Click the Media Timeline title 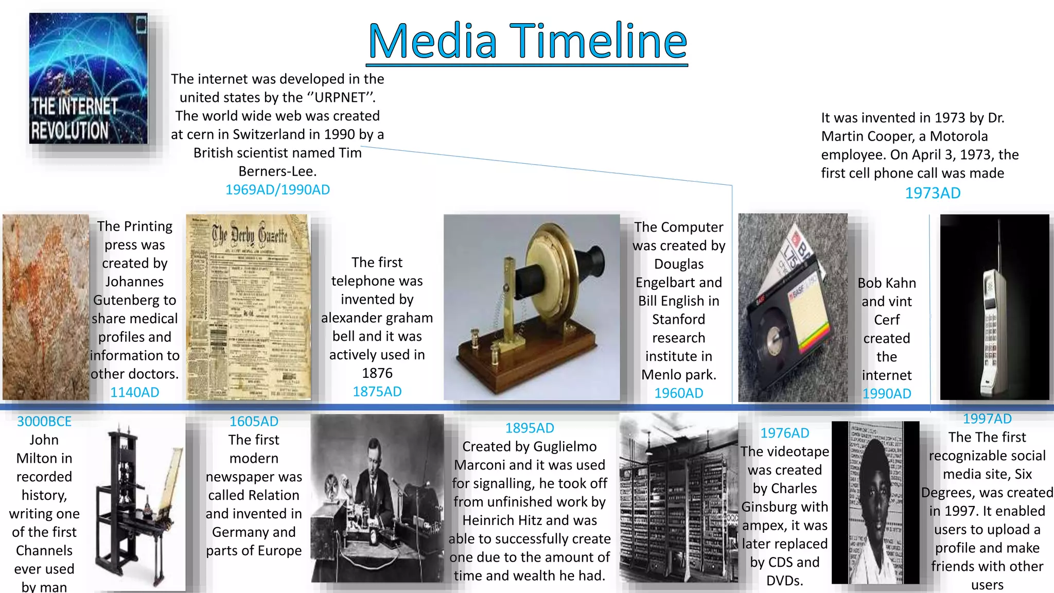tap(527, 41)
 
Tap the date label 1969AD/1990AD tap(277, 190)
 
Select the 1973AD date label tap(933, 193)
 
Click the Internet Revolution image tap(89, 78)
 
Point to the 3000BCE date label tap(44, 422)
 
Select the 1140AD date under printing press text tap(135, 392)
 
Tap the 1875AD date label tap(377, 392)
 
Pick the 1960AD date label tap(678, 393)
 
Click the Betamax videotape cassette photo tap(793, 308)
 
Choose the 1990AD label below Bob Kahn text tap(887, 394)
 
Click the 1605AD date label tap(254, 422)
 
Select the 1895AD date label tap(530, 428)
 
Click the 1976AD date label tap(785, 433)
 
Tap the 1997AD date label tap(987, 419)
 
